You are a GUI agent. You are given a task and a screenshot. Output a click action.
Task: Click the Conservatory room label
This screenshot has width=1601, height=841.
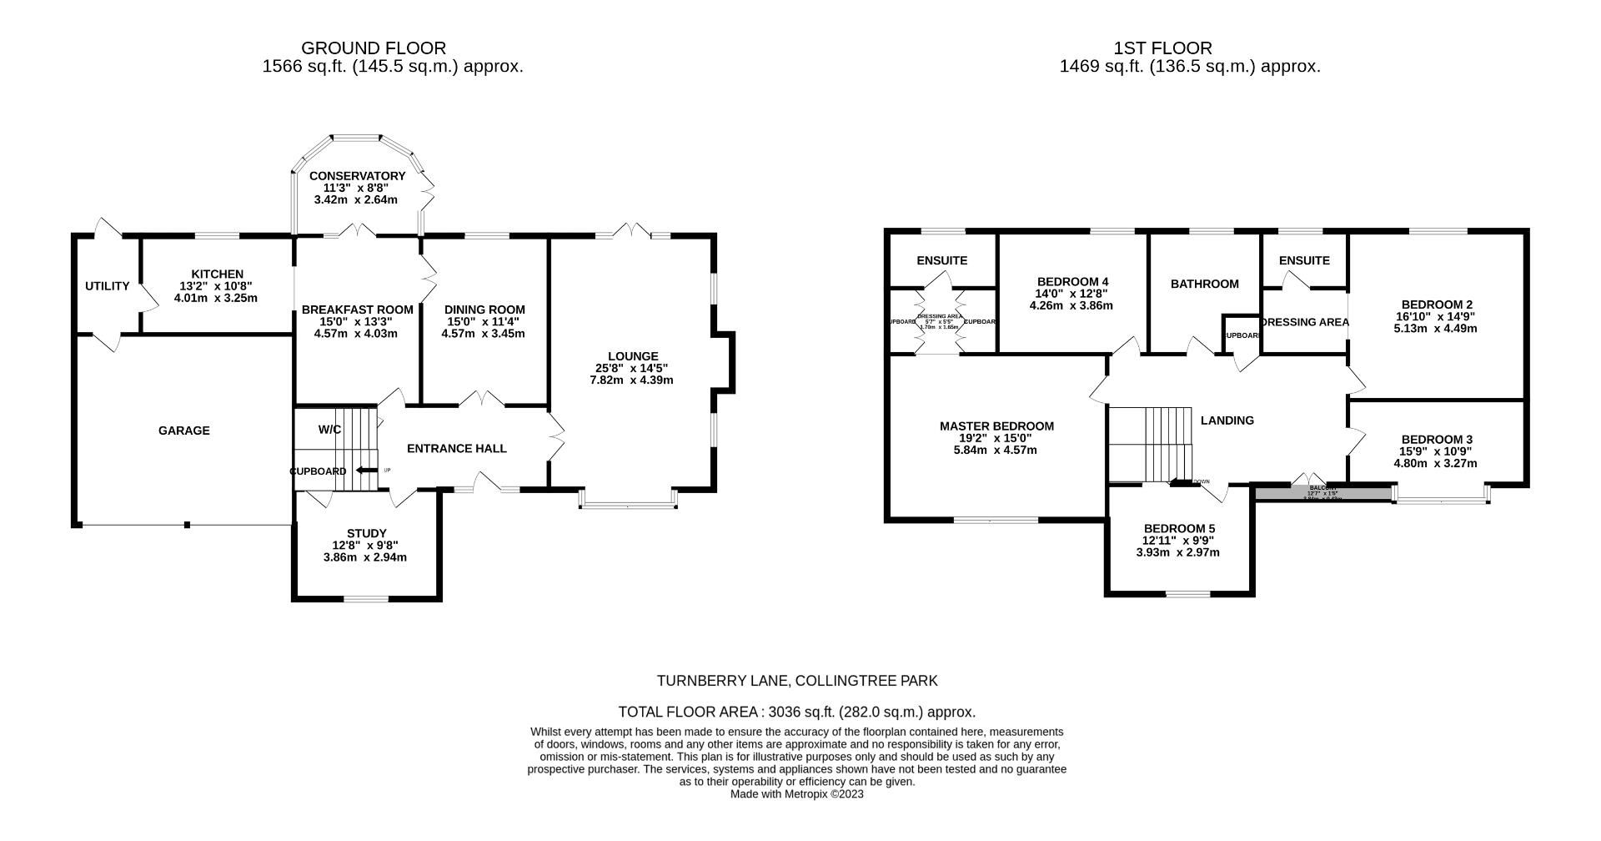coord(357,176)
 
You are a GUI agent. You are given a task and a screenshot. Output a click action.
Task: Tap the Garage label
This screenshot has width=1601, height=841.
coord(184,431)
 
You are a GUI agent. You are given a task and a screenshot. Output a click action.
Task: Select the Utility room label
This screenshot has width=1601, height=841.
coord(107,286)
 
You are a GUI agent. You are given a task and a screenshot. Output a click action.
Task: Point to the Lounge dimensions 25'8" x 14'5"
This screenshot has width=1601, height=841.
coord(631,368)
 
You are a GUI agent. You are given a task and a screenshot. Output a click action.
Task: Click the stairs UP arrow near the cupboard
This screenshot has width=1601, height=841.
coord(364,471)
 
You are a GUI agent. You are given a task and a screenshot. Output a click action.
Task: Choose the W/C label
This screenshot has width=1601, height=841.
coord(329,430)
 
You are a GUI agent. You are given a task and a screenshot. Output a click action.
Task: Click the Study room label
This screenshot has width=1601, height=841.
coord(366,534)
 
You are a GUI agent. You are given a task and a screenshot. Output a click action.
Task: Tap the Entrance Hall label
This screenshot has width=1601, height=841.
coord(456,449)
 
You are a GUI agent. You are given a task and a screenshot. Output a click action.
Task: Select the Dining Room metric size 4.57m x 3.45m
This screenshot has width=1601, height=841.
coord(483,334)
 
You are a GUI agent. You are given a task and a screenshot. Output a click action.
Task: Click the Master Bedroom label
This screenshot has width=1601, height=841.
coord(996,426)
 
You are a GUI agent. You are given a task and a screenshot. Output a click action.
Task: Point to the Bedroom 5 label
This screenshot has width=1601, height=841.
coord(1179,529)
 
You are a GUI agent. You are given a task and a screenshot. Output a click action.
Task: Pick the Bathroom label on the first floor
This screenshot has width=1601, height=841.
coord(1204,285)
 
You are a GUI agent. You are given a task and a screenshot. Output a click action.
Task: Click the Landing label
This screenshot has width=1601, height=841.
coord(1227,420)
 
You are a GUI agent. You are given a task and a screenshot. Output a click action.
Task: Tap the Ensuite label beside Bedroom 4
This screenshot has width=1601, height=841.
coord(941,260)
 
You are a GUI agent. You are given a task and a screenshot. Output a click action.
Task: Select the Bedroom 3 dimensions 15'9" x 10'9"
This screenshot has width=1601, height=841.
coord(1437,451)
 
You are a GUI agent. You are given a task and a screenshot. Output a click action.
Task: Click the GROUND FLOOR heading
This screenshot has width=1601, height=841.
coord(373,48)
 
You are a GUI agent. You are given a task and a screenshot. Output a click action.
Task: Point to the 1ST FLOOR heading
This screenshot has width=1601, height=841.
coord(1162,48)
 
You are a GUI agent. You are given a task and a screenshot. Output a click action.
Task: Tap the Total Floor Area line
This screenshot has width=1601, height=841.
coord(796,713)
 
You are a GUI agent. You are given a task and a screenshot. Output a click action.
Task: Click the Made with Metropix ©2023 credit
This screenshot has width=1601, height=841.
coord(796,794)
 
